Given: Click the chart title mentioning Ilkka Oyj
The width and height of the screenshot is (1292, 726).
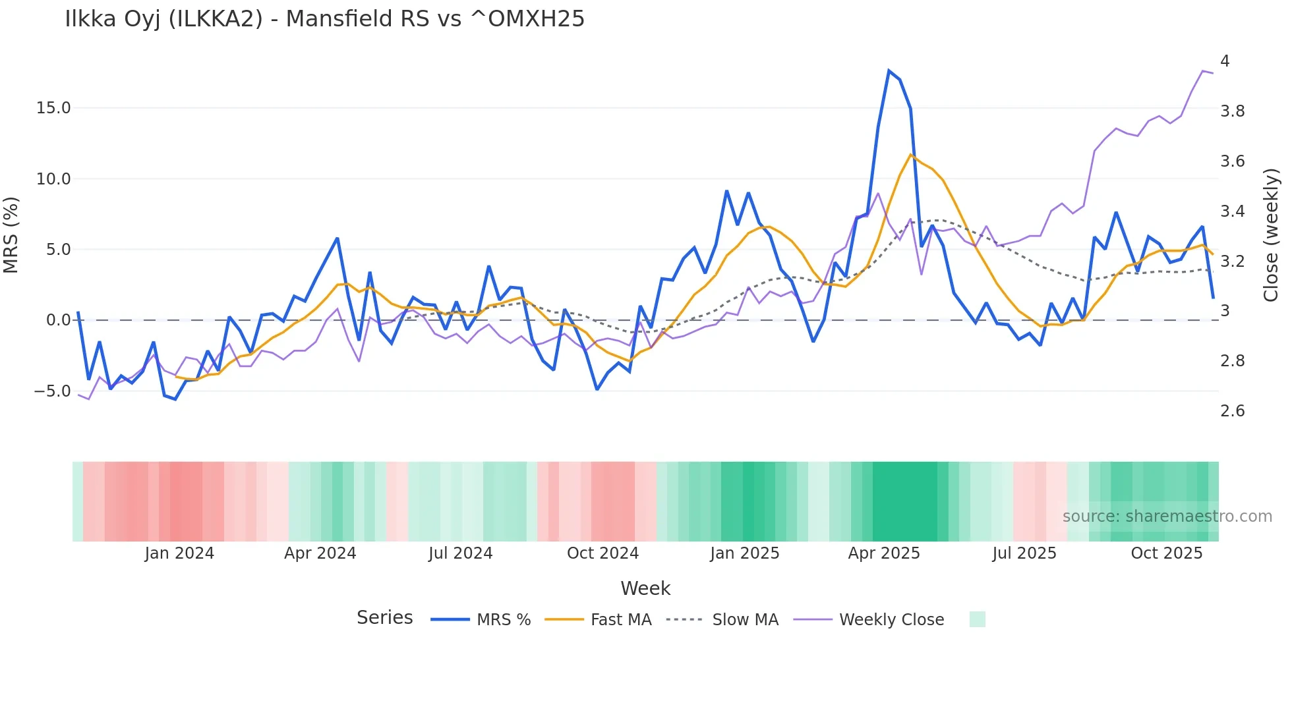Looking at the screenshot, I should pyautogui.click(x=324, y=19).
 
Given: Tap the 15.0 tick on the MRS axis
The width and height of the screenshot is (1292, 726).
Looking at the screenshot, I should pyautogui.click(x=53, y=108).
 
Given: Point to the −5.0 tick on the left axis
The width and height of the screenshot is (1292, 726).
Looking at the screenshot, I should pyautogui.click(x=52, y=391).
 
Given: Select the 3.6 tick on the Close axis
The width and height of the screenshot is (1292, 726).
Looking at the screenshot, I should pyautogui.click(x=1232, y=161).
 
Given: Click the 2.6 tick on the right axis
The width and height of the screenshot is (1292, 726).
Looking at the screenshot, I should pyautogui.click(x=1232, y=411).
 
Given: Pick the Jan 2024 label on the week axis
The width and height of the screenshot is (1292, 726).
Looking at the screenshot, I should pyautogui.click(x=179, y=553).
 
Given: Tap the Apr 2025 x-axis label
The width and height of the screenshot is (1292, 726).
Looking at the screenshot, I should pyautogui.click(x=883, y=553).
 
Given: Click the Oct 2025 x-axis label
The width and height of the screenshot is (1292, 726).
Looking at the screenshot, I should pyautogui.click(x=1166, y=553).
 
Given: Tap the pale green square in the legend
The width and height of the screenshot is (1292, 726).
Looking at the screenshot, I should pyautogui.click(x=977, y=619).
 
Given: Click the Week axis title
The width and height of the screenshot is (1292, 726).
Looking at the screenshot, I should pyautogui.click(x=645, y=588).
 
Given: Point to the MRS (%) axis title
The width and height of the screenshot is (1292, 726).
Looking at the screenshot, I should pyautogui.click(x=11, y=235).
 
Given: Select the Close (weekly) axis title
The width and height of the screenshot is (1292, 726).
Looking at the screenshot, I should pyautogui.click(x=1270, y=235).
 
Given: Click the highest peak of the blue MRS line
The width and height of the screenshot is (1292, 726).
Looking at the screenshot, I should pyautogui.click(x=889, y=70).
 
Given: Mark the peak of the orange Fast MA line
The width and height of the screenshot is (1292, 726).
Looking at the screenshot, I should pyautogui.click(x=910, y=155).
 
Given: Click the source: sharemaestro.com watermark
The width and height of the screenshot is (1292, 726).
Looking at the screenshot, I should pyautogui.click(x=1167, y=517).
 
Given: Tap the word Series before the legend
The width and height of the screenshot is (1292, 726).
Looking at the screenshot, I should pyautogui.click(x=384, y=618).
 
